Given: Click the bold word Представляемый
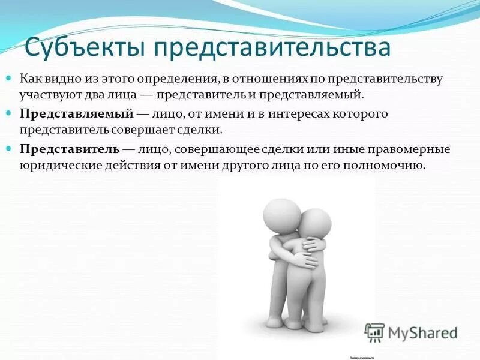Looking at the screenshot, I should pos(76,113).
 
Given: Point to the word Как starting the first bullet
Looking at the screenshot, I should pos(31,79).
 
